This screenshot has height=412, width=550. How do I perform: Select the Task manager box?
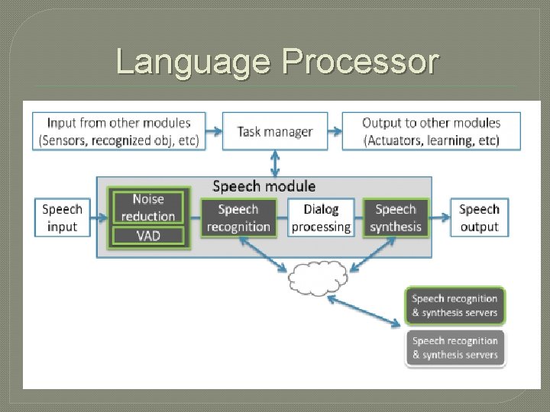click(275, 132)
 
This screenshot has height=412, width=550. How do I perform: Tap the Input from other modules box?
click(119, 132)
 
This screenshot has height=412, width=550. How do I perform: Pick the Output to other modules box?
click(431, 132)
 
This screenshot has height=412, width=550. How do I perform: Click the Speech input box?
click(62, 217)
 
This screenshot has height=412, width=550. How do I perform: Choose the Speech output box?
click(479, 217)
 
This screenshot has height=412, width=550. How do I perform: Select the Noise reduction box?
click(148, 208)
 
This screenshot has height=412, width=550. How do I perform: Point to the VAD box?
click(148, 236)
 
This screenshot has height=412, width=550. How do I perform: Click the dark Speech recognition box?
click(238, 217)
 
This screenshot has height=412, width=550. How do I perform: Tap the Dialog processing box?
click(321, 217)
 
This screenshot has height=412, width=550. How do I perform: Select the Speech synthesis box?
click(395, 217)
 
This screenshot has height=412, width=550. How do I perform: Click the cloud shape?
click(317, 278)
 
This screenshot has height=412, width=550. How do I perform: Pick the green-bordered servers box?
click(455, 306)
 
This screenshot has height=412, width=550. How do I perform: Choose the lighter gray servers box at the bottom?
click(455, 348)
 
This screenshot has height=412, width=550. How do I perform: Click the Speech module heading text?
click(264, 185)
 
